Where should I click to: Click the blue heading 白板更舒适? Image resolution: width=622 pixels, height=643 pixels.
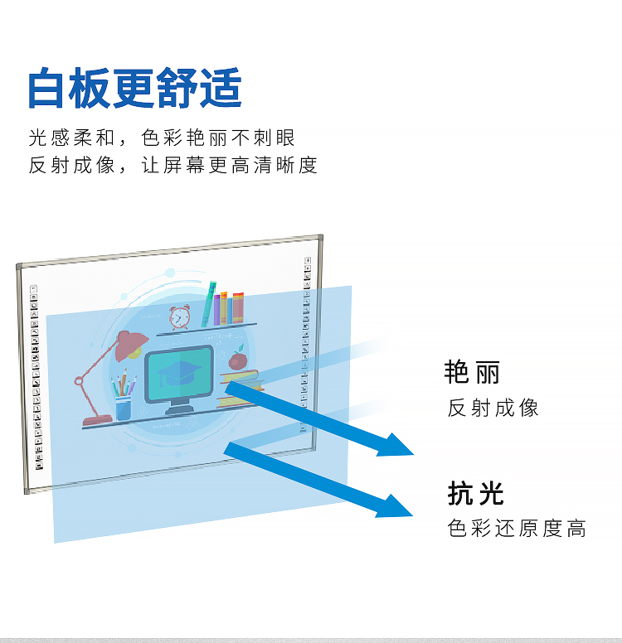point(134,89)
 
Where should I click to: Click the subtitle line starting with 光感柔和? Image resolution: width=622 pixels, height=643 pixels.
point(162,138)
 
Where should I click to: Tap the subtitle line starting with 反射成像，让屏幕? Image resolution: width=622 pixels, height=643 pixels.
point(173,165)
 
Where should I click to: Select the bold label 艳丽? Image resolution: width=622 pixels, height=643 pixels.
point(473,372)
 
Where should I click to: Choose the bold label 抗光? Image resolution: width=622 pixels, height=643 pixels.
point(476,493)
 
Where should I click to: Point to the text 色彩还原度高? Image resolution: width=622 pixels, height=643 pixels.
point(518,528)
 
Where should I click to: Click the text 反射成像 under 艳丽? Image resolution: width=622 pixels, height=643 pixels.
point(493,408)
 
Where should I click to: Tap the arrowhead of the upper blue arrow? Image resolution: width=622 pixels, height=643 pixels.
point(396,446)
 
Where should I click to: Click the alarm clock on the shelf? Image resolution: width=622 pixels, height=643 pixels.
point(179,316)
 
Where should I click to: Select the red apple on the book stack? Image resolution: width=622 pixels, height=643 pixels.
point(238,360)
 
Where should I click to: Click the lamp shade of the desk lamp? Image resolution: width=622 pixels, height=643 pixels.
point(129,343)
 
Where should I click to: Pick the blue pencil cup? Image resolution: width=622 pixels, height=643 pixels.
point(124,409)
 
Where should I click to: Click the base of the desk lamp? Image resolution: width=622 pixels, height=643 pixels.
point(97,420)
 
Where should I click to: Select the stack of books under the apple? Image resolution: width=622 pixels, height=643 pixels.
point(241,389)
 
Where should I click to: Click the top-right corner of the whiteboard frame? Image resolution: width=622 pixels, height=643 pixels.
point(319,239)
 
